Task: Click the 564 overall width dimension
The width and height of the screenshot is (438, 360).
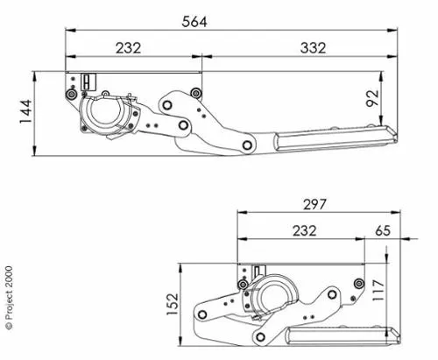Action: click(194, 22)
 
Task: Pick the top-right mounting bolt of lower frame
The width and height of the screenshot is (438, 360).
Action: click(357, 282)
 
